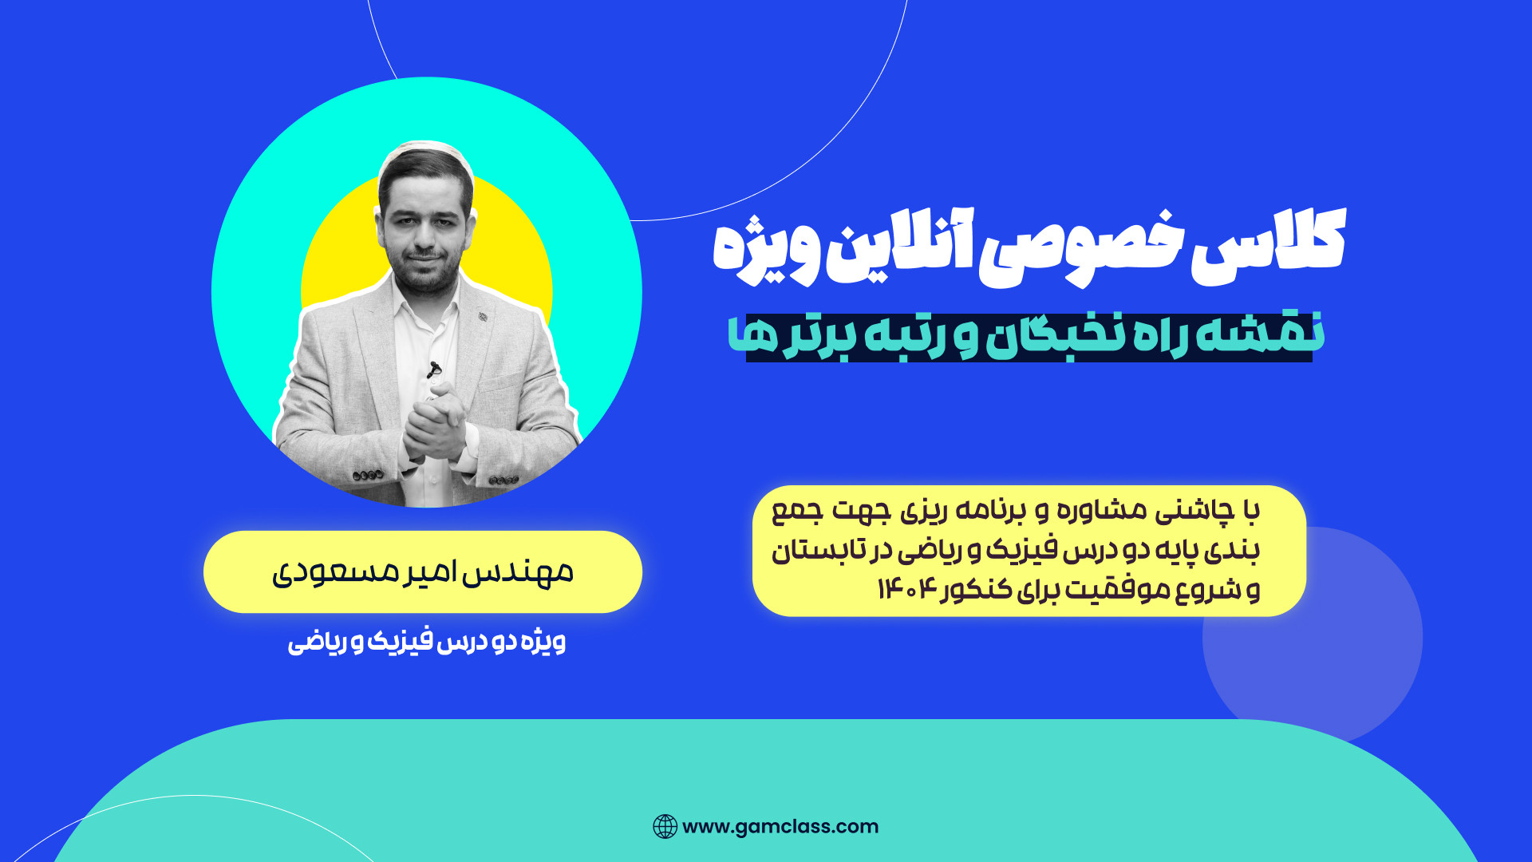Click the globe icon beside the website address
click(x=665, y=827)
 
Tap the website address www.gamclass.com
click(x=780, y=827)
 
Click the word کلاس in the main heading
click(x=1269, y=244)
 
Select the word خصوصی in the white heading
click(x=1080, y=248)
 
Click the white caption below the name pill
click(x=427, y=642)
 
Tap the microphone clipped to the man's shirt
click(x=433, y=370)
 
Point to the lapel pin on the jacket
click(x=483, y=318)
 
